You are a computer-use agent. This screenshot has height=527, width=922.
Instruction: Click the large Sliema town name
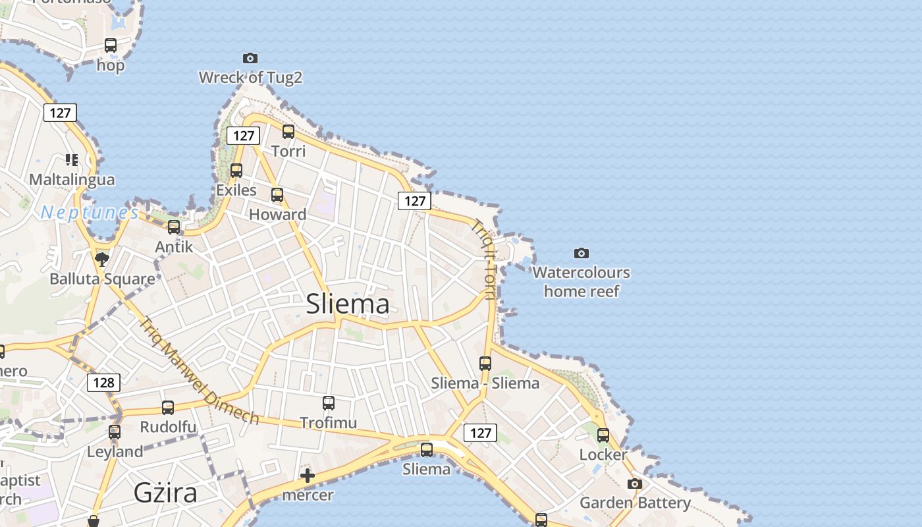348,304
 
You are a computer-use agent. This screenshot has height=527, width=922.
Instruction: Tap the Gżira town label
165,492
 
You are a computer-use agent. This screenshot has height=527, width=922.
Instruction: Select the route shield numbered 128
103,382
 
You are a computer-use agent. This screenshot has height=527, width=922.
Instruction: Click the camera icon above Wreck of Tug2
250,58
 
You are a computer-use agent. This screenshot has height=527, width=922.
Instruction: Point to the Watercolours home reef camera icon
581,253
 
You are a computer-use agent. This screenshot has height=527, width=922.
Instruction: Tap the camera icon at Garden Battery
635,484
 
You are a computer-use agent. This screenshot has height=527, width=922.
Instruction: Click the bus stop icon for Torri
288,131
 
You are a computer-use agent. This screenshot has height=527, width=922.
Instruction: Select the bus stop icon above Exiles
236,170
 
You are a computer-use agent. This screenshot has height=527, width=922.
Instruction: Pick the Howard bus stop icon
277,194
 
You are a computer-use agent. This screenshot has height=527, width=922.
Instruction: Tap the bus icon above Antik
174,227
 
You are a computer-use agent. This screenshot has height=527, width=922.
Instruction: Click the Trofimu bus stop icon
329,402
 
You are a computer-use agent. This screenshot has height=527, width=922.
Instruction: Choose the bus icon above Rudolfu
168,407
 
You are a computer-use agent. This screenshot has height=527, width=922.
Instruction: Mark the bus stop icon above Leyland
115,432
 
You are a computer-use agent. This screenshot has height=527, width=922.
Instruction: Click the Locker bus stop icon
603,435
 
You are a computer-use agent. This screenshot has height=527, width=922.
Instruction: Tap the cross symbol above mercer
308,476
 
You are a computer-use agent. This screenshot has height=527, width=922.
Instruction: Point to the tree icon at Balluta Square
101,258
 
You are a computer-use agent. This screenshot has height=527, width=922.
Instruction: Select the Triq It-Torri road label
484,258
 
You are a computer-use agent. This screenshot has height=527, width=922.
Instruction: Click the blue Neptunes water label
90,212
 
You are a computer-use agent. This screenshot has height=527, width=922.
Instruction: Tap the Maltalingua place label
72,179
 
